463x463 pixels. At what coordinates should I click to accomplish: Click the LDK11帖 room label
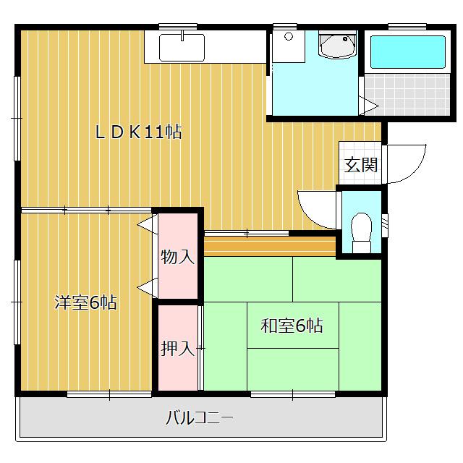pyautogui.click(x=139, y=132)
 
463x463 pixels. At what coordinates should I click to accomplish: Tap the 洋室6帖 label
pyautogui.click(x=85, y=302)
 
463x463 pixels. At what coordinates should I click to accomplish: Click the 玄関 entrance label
pyautogui.click(x=360, y=164)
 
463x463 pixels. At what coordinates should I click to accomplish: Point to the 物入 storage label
pyautogui.click(x=178, y=257)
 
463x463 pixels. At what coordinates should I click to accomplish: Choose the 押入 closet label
pyautogui.click(x=177, y=349)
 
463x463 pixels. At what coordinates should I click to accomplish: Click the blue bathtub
pyautogui.click(x=407, y=51)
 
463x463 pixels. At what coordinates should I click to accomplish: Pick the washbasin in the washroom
pyautogui.click(x=337, y=46)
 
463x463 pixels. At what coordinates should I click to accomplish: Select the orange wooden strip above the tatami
pyautogui.click(x=270, y=247)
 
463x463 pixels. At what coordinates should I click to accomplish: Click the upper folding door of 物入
pyautogui.click(x=147, y=224)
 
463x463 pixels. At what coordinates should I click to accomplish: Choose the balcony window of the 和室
pyautogui.click(x=293, y=394)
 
